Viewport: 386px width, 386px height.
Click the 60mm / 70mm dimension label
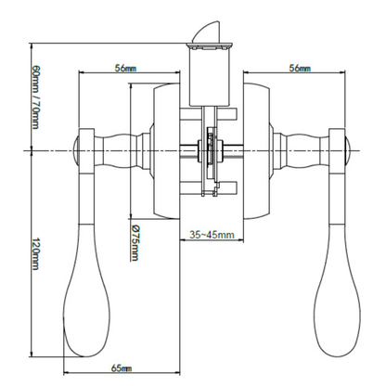point(35,96)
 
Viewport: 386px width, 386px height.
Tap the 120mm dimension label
point(35,253)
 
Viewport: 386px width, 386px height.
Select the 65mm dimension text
point(122,368)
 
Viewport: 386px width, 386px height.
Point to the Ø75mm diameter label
point(135,243)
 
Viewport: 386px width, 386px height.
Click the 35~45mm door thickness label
point(212,235)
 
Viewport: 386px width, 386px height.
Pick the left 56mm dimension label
point(125,68)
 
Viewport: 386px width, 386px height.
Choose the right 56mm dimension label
point(300,68)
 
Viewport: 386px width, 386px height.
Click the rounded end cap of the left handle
point(76,150)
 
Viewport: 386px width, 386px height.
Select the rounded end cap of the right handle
point(348,150)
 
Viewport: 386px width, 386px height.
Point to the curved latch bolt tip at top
point(206,32)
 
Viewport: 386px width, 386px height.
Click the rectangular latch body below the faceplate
point(210,77)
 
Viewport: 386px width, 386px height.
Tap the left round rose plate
point(167,151)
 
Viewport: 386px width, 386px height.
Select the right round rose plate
point(256,151)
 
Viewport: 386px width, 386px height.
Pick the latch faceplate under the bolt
point(209,46)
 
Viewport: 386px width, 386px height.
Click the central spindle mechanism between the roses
point(211,151)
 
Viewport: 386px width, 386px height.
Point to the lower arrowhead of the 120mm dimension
point(32,354)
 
